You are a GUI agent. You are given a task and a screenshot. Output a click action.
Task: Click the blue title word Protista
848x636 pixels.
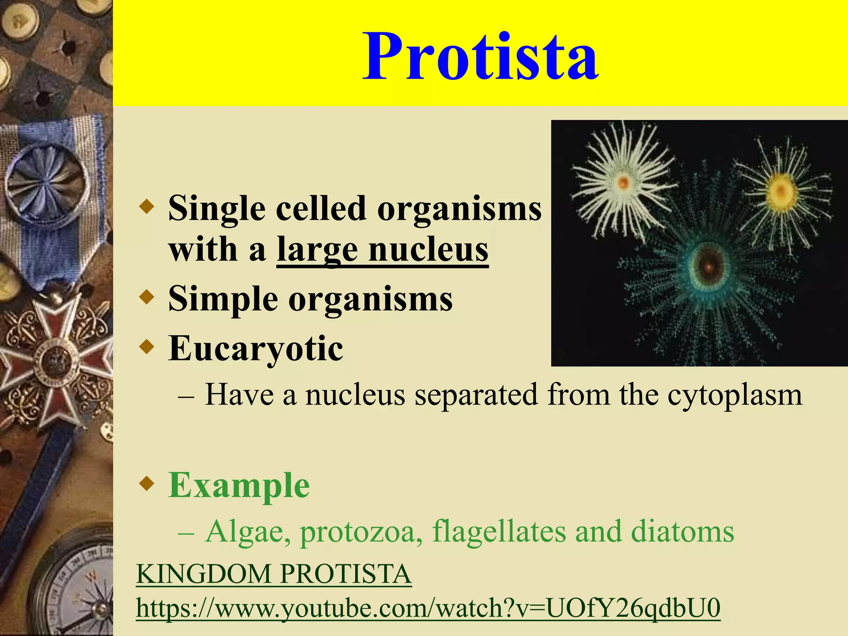tap(480, 57)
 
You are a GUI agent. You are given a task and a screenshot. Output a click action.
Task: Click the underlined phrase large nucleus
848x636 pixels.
tap(382, 250)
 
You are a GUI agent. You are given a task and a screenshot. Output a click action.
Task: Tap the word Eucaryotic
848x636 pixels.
tap(255, 348)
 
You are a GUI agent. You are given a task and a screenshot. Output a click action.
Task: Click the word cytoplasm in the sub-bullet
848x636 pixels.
tap(735, 395)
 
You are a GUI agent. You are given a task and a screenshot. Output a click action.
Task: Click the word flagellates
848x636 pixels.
tap(499, 531)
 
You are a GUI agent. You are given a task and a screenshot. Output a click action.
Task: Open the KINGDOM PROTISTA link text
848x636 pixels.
tap(274, 574)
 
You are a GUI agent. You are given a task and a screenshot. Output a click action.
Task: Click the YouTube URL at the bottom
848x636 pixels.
tap(428, 608)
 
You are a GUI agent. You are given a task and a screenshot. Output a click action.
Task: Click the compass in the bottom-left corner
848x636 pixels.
tap(79, 588)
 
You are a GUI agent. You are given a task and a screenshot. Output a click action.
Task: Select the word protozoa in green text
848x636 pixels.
tap(357, 531)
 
